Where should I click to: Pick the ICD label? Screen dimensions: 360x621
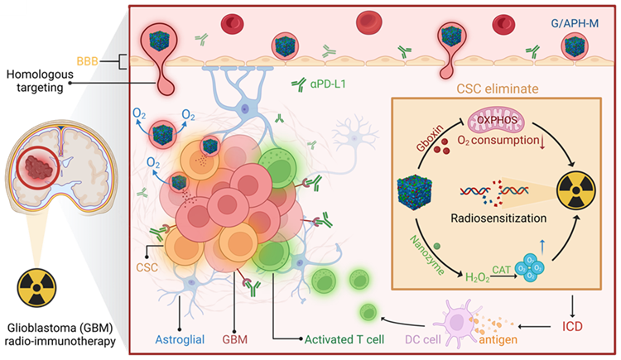click(x=573, y=326)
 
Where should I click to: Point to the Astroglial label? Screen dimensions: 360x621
click(x=181, y=338)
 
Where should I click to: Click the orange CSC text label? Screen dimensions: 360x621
click(x=148, y=269)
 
